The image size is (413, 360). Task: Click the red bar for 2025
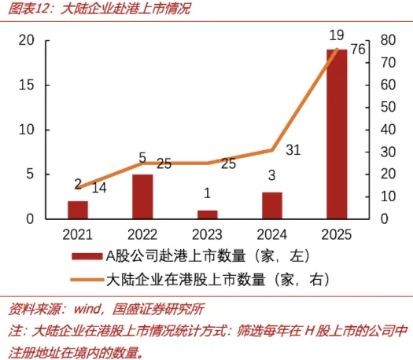[337, 134]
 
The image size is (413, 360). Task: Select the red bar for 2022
[142, 197]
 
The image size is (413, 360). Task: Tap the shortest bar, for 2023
[208, 215]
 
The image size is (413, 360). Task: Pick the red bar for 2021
[78, 210]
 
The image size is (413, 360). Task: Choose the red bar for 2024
[272, 206]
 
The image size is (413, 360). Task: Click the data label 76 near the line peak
[358, 50]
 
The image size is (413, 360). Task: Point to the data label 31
[293, 150]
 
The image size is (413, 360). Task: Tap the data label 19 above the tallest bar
[337, 35]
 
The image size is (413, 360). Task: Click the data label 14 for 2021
[99, 188]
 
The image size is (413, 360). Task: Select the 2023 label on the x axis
[207, 235]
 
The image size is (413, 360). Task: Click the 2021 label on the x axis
[77, 235]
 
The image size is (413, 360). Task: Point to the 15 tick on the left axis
[26, 85]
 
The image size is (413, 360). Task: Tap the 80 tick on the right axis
[388, 40]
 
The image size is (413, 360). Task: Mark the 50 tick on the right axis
[388, 108]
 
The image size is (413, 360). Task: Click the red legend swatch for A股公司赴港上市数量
[87, 256]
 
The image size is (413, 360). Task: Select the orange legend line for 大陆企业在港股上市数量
[87, 280]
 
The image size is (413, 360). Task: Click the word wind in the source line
[87, 309]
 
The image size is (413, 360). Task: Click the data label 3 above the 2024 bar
[272, 175]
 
